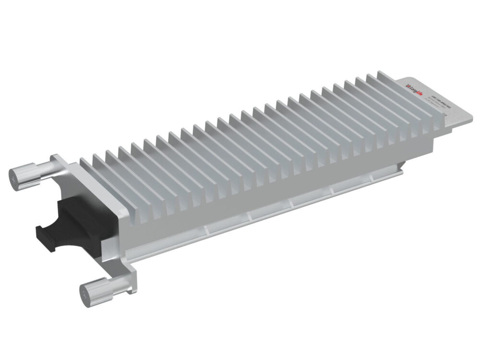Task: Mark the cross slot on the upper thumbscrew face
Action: point(14,178)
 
